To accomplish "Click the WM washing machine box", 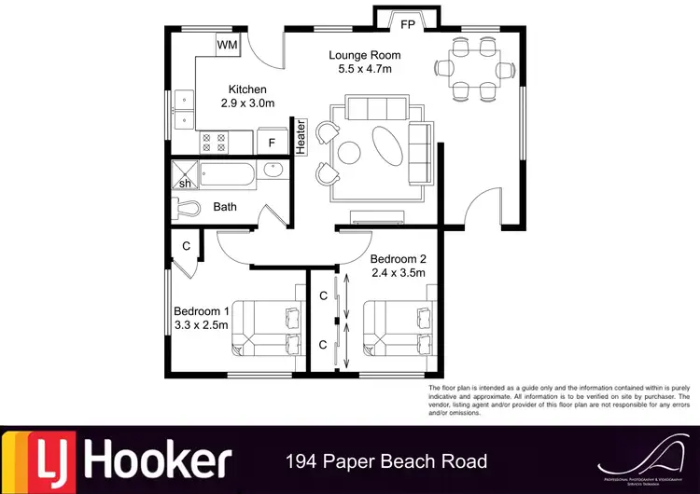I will [x=227, y=45].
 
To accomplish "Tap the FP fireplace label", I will [x=408, y=25].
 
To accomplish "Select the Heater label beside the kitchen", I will [x=301, y=136].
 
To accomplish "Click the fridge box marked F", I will [x=272, y=143].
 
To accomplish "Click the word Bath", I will [x=225, y=207].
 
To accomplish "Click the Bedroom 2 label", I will [x=399, y=258].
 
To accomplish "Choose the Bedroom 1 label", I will [x=202, y=311].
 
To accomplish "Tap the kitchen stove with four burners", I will [x=214, y=143].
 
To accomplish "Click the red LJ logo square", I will [x=35, y=461].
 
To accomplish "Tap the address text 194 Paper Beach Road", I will [x=385, y=461].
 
